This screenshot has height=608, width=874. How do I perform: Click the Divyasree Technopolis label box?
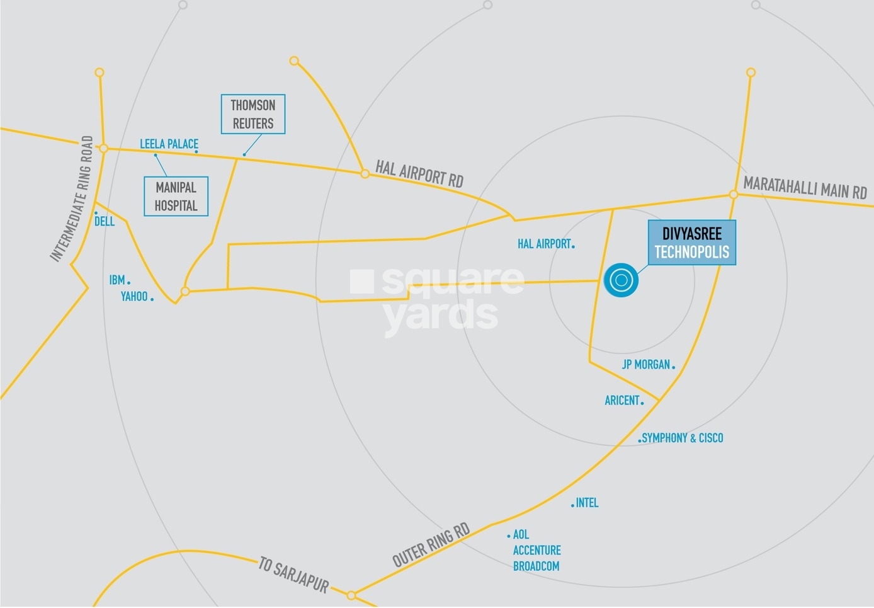(691, 243)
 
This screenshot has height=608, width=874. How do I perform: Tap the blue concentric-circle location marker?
(621, 280)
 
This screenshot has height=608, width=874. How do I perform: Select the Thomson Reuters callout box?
(253, 114)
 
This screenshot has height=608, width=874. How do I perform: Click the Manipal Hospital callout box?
(176, 197)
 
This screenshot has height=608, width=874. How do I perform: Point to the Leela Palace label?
(169, 144)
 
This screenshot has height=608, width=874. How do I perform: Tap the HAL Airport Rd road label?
(419, 173)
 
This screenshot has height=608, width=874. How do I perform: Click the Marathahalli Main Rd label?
(805, 188)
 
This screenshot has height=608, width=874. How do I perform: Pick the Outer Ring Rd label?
(431, 545)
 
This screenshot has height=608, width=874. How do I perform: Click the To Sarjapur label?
(294, 575)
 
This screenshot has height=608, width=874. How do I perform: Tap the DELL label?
(105, 221)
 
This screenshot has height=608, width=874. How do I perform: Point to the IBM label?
(117, 280)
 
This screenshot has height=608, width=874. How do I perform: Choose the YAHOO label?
(134, 296)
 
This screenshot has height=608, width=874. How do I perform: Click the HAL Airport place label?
(544, 244)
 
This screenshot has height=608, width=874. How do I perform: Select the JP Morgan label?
(646, 364)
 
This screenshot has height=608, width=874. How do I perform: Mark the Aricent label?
(622, 400)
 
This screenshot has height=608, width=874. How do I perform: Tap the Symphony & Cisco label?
(683, 438)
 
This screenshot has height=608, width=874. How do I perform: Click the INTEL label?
(587, 503)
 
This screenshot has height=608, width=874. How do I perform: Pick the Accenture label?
(536, 550)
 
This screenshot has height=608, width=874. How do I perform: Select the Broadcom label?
(536, 566)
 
